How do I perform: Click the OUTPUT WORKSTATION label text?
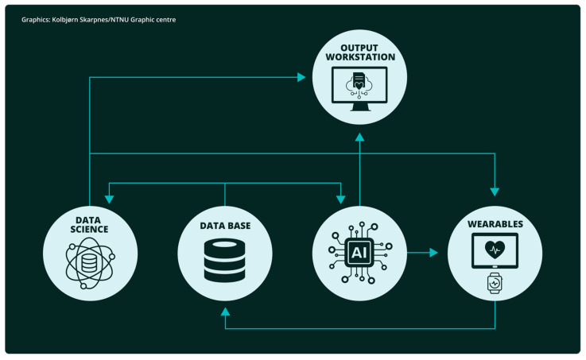click(x=360, y=52)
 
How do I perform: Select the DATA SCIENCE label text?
click(x=89, y=225)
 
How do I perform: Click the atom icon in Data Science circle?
click(x=90, y=263)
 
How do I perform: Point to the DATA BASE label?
click(x=225, y=226)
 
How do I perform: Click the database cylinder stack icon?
click(x=224, y=261)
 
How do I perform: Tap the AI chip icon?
click(x=360, y=253)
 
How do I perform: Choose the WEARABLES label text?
click(x=495, y=224)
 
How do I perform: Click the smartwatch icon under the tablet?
click(x=495, y=283)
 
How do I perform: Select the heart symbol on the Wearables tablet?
click(x=495, y=250)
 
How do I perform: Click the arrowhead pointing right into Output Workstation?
click(x=301, y=77)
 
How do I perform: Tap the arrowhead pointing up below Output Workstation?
click(x=359, y=137)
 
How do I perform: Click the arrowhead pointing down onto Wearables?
click(x=495, y=192)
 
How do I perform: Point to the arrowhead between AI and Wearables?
click(x=433, y=253)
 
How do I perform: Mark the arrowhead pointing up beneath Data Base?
click(x=225, y=312)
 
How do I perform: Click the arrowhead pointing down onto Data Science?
click(x=109, y=199)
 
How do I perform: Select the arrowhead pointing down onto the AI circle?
click(x=340, y=199)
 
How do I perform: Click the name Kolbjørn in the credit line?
click(x=64, y=20)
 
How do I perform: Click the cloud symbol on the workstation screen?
click(x=359, y=84)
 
